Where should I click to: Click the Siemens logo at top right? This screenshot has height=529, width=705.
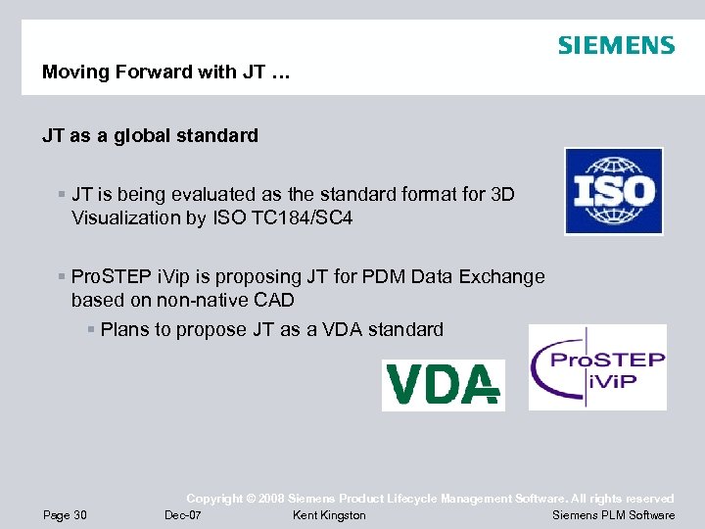[x=616, y=46]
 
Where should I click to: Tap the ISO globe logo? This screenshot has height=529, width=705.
[x=613, y=191]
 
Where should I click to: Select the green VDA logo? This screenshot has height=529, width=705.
[x=443, y=385]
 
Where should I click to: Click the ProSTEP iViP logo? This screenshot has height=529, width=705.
[x=597, y=367]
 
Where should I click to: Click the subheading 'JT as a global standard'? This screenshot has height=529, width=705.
[x=150, y=136]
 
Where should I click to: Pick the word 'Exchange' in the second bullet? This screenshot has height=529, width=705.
[x=503, y=276]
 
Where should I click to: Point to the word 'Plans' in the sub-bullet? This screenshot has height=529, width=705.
[x=124, y=329]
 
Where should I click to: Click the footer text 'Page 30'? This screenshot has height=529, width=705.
[x=65, y=515]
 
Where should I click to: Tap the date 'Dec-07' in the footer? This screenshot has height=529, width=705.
[x=183, y=515]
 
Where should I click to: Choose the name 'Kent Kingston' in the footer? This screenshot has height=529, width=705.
[x=329, y=515]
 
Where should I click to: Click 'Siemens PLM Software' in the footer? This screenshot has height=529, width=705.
[x=613, y=515]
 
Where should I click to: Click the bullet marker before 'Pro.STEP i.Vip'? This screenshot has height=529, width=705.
[x=63, y=277]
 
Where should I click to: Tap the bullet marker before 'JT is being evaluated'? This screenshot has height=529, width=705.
[x=63, y=195]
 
